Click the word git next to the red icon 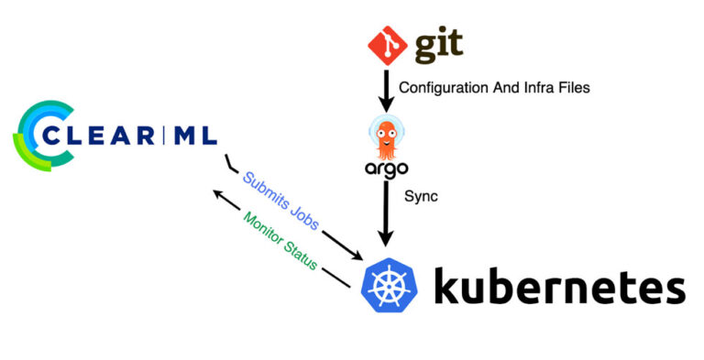(x=438, y=46)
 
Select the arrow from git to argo (x=385, y=91)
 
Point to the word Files (x=567, y=89)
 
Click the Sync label (x=419, y=197)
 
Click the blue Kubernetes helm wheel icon (x=392, y=286)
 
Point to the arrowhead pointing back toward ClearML (x=218, y=194)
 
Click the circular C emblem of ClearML (x=37, y=136)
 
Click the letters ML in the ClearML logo (x=195, y=136)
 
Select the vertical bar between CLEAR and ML (x=166, y=136)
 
